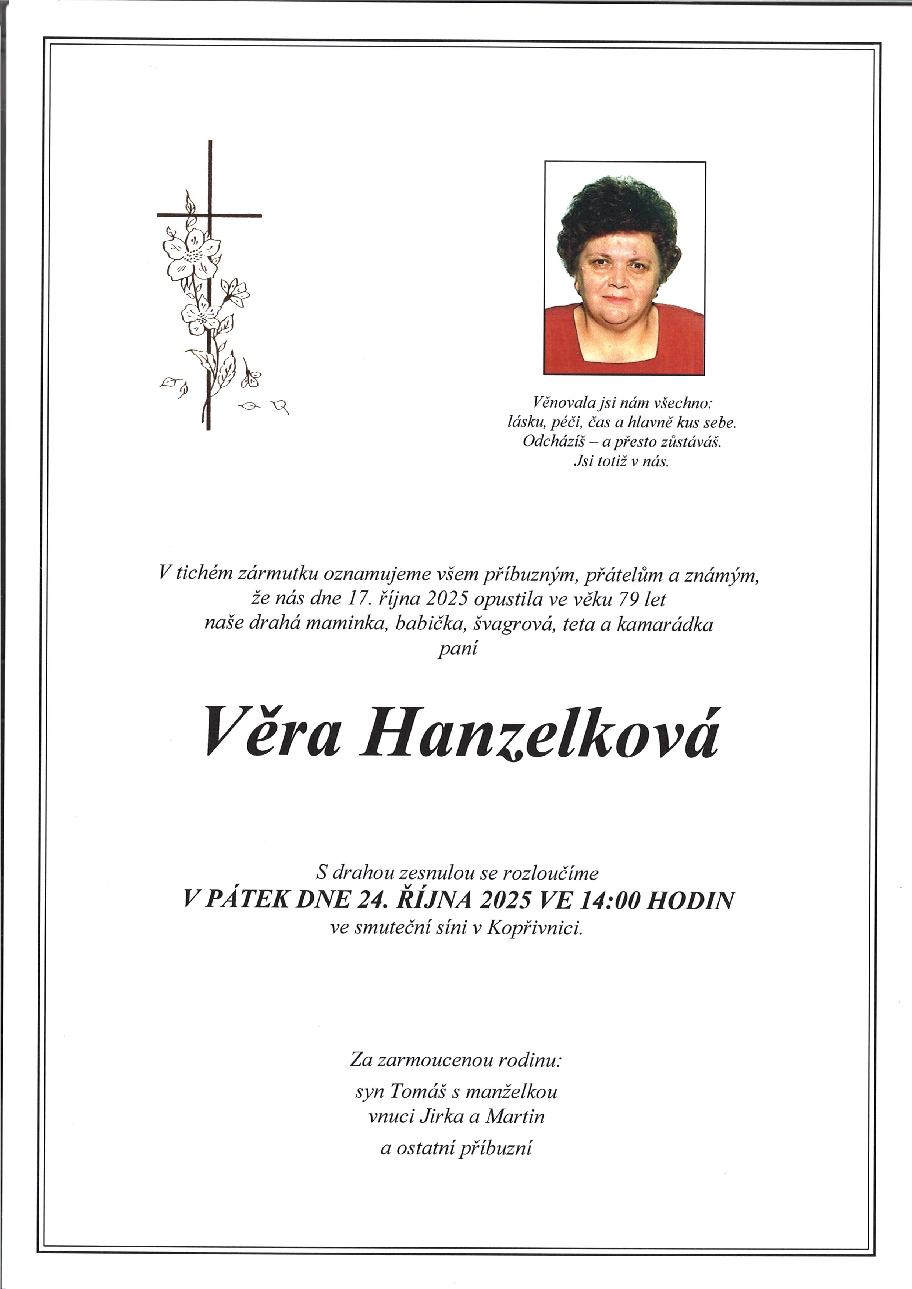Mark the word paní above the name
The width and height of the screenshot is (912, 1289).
tap(457, 650)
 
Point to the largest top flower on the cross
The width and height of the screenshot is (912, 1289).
tap(191, 253)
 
